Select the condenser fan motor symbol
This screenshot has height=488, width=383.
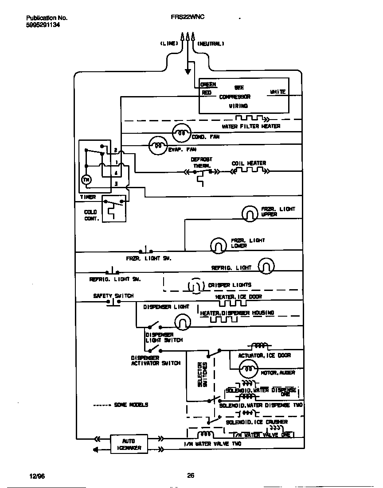point(181,132)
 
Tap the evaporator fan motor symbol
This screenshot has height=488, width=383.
point(157,145)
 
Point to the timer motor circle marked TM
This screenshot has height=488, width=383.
point(86,179)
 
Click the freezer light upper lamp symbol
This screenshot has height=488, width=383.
point(250,213)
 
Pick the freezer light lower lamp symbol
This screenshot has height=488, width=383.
point(218,245)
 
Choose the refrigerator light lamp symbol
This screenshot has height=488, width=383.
point(266,266)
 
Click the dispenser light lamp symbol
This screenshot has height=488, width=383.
point(182,322)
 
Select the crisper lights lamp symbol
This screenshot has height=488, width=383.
point(195,286)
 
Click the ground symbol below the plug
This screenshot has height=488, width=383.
point(188,70)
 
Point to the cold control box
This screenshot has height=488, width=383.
point(114,209)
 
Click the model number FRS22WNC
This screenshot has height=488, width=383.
point(188,18)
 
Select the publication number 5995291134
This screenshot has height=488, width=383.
point(43,25)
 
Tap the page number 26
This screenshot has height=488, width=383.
point(191,476)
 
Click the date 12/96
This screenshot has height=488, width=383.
point(37,476)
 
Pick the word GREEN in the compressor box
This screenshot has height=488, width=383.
point(208,85)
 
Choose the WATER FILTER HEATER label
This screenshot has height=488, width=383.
point(251,126)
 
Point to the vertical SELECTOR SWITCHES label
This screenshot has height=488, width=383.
point(202,374)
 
